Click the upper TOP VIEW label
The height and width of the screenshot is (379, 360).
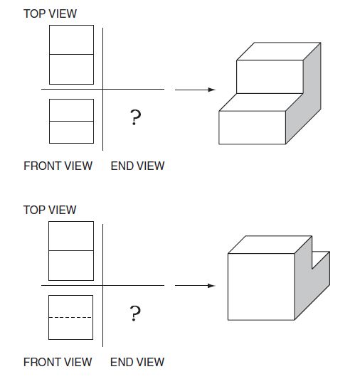click(50, 14)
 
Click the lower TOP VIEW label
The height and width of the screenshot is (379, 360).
click(50, 210)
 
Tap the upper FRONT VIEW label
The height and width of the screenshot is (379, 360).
click(58, 166)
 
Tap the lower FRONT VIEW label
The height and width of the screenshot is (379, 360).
click(58, 362)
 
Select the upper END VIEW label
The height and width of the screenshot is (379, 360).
click(137, 166)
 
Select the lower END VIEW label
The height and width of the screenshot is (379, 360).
click(137, 362)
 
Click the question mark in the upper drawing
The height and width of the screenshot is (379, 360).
click(135, 117)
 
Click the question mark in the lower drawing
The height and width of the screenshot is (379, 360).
click(135, 314)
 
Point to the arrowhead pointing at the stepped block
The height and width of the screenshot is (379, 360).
click(211, 90)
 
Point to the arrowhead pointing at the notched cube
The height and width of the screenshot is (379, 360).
click(211, 286)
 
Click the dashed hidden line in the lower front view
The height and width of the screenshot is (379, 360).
click(70, 317)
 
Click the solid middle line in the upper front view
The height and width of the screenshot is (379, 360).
click(71, 121)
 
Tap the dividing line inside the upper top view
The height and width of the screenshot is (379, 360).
click(71, 54)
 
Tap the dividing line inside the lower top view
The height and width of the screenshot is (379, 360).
click(71, 251)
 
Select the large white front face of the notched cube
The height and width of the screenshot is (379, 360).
click(261, 287)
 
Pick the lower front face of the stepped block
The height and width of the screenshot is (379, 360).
click(252, 127)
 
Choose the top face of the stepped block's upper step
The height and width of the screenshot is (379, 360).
click(279, 51)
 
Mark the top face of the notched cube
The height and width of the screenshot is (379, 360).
click(270, 245)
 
